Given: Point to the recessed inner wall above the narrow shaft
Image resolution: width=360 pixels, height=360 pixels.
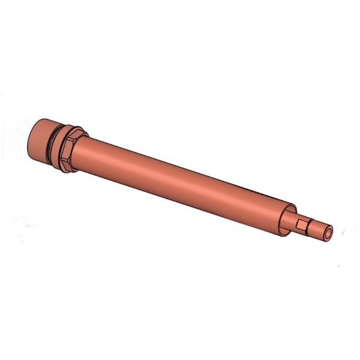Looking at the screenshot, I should click(288, 211).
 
